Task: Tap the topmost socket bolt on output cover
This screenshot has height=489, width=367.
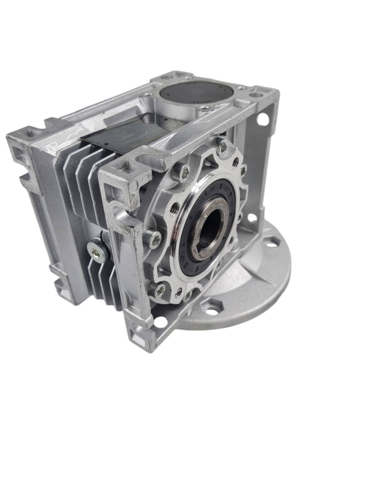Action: [222, 144]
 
